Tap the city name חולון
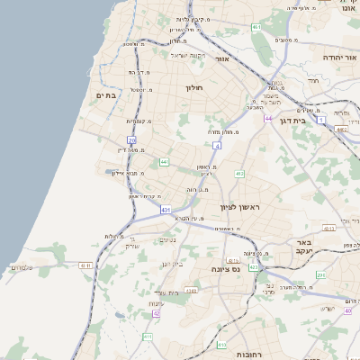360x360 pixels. pyautogui.click(x=194, y=88)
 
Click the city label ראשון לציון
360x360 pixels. pyautogui.click(x=240, y=208)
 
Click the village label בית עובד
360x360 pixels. pyautogui.click(x=166, y=292)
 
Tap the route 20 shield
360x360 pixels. pyautogui.click(x=131, y=140)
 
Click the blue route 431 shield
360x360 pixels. pyautogui.click(x=166, y=209)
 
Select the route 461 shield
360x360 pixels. pyautogui.click(x=256, y=27)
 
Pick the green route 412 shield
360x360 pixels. pyautogui.click(x=238, y=173)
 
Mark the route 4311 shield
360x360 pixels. pyautogui.click(x=85, y=265)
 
